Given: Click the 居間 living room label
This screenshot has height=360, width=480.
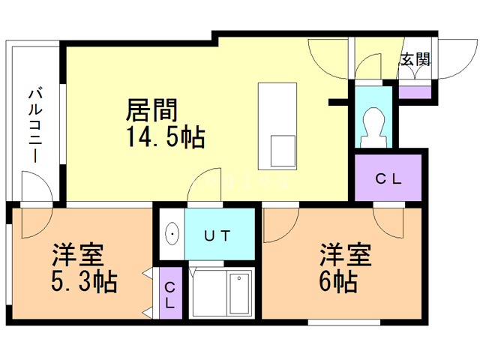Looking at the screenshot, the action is click(151, 110).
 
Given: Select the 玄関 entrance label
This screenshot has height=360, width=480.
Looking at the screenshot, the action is click(415, 59).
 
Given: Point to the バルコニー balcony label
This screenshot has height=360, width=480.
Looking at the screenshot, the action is click(35, 126).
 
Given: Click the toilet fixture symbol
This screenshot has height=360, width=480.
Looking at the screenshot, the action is click(373, 127).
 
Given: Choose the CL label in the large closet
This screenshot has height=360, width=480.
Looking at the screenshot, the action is click(388, 179).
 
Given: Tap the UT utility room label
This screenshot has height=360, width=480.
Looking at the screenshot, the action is click(217, 235).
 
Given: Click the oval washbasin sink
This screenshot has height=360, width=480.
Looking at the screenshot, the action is click(172, 233).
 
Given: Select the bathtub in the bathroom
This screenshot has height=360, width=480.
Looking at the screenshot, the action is click(239, 294).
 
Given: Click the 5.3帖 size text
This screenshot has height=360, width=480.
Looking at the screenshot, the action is click(84, 282).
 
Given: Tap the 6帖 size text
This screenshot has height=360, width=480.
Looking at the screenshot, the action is click(338, 282).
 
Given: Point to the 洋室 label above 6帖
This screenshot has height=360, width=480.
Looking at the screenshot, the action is click(346, 255).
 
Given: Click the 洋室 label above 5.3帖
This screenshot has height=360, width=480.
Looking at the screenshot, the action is click(78, 255).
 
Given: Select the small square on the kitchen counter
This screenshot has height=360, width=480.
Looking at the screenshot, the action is click(283, 151).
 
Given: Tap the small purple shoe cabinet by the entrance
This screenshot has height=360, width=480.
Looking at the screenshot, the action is click(415, 92).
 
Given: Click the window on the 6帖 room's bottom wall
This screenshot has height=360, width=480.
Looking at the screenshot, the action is click(343, 322).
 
